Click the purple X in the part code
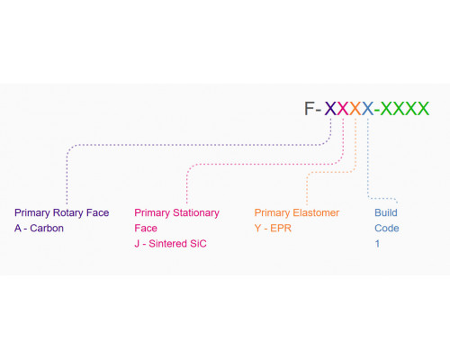tap(330, 108)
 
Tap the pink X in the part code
tap(343, 108)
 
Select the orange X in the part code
tap(355, 108)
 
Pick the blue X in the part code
tap(368, 108)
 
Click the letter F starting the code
tap(309, 108)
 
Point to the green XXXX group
tap(405, 108)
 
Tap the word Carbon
tap(47, 229)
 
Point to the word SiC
tap(198, 244)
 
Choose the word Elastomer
tap(316, 212)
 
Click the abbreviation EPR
tap(281, 229)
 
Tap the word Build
tap(386, 212)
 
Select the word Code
tap(387, 229)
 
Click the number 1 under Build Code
tap(377, 244)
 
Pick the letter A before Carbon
tap(18, 229)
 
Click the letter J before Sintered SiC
tap(137, 244)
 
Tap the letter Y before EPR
tap(257, 229)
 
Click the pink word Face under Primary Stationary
tap(146, 229)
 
